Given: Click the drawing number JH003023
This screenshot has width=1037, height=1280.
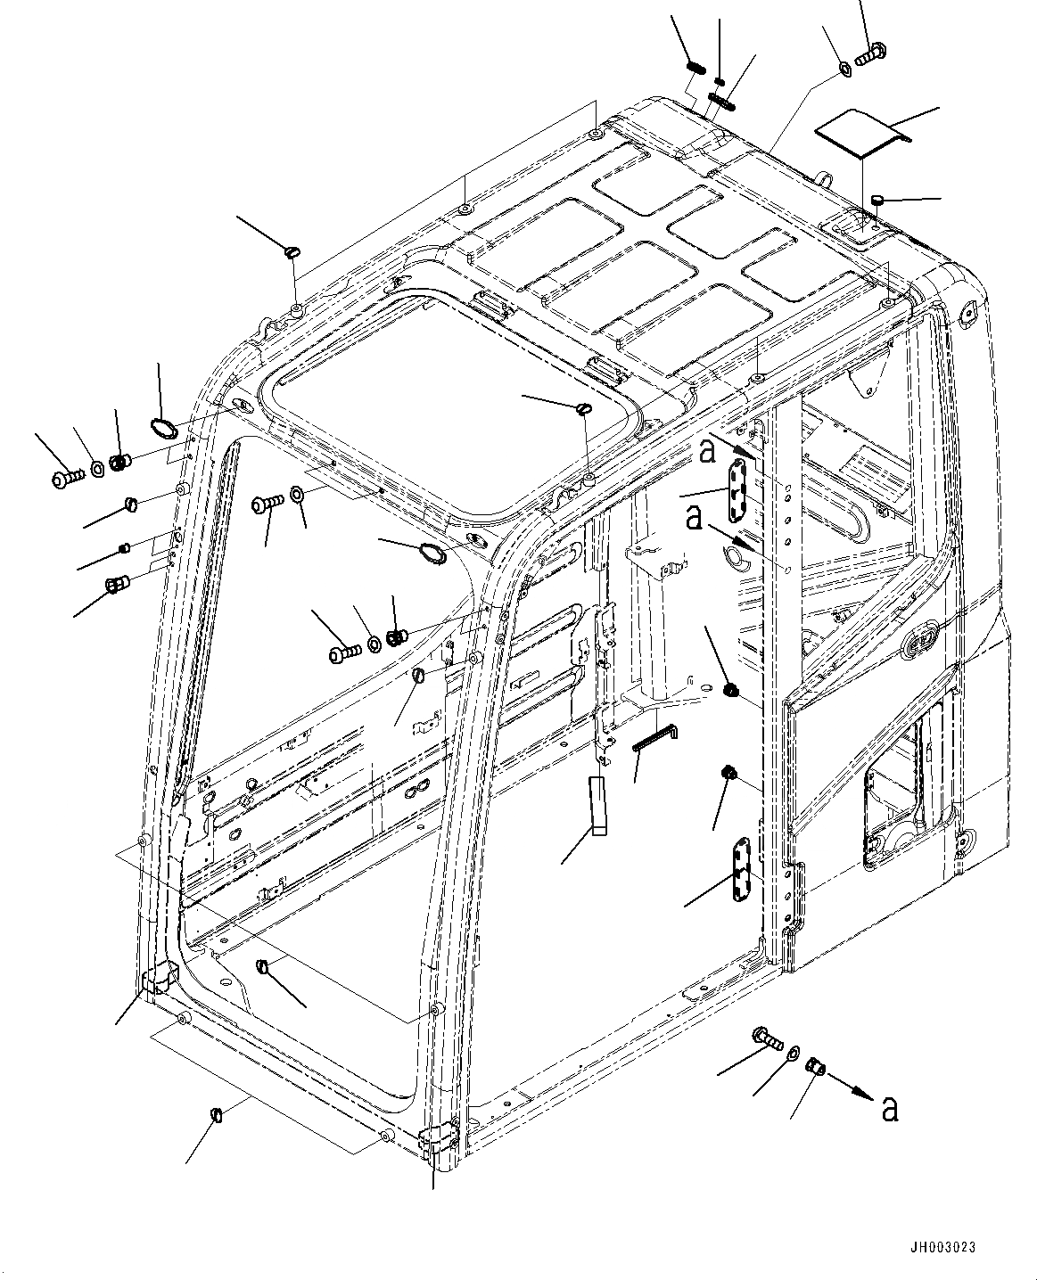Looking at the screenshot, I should tap(951, 1248).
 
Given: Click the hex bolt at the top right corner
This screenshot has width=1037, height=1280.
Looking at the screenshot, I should tap(868, 54).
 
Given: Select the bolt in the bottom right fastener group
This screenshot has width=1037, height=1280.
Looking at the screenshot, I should tap(766, 1037).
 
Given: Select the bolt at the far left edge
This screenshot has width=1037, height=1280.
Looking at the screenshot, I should tap(67, 479).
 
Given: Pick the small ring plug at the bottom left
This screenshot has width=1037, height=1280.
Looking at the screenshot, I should tap(215, 1115).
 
